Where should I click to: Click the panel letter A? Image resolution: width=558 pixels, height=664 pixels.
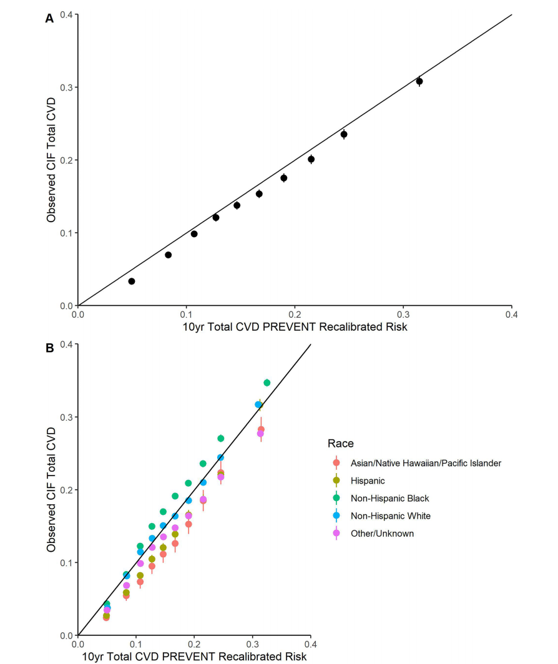coord(49,19)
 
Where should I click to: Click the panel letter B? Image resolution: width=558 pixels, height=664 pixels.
coord(49,348)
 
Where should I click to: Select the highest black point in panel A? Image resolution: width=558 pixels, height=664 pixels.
coord(419,81)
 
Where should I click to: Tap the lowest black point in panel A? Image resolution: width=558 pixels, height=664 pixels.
coord(132,281)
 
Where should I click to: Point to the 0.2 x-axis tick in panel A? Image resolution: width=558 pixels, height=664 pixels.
coord(295,316)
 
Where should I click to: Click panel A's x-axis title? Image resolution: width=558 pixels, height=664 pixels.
coord(295,327)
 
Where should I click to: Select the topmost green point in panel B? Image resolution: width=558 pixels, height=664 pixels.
coord(267,383)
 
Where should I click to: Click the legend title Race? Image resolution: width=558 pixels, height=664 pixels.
coord(340,444)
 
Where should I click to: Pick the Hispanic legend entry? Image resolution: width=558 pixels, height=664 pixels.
coord(368,481)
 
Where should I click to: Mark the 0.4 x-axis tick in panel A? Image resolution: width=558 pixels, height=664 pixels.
coord(511,316)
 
